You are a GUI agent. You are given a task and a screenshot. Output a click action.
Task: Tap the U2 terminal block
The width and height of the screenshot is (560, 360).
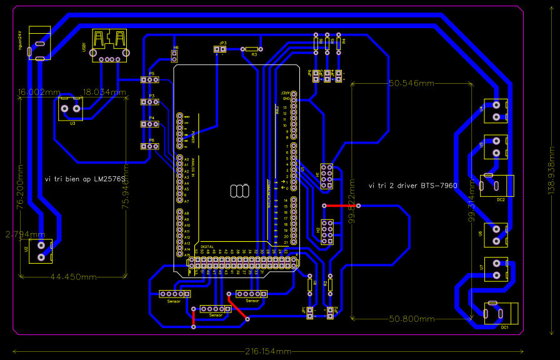[41, 251]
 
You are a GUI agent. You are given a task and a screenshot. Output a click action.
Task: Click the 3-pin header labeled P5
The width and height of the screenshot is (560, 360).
[150, 80]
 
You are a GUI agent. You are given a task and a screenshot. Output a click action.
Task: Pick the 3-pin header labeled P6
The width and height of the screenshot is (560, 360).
[150, 146]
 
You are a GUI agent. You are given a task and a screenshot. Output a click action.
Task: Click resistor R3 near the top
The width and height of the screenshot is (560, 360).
[251, 49]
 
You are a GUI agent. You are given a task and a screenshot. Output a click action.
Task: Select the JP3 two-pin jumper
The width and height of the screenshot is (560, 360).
[220, 49]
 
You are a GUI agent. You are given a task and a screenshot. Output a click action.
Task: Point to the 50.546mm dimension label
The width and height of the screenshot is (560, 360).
[411, 83]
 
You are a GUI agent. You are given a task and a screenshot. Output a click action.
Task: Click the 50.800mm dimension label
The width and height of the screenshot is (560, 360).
[411, 319]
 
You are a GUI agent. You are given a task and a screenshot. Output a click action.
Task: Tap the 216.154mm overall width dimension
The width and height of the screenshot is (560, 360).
[268, 351]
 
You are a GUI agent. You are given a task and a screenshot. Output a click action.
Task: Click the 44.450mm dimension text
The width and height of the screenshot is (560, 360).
[73, 276]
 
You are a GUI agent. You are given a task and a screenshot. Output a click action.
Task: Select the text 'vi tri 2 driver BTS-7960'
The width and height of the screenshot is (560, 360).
[430, 186]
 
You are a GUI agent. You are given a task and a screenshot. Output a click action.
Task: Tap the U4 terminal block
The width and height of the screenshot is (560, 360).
[496, 111]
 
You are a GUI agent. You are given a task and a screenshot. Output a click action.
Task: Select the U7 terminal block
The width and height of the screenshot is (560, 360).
[496, 270]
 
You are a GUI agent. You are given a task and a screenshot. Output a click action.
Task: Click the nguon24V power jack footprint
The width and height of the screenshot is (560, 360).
[39, 42]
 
